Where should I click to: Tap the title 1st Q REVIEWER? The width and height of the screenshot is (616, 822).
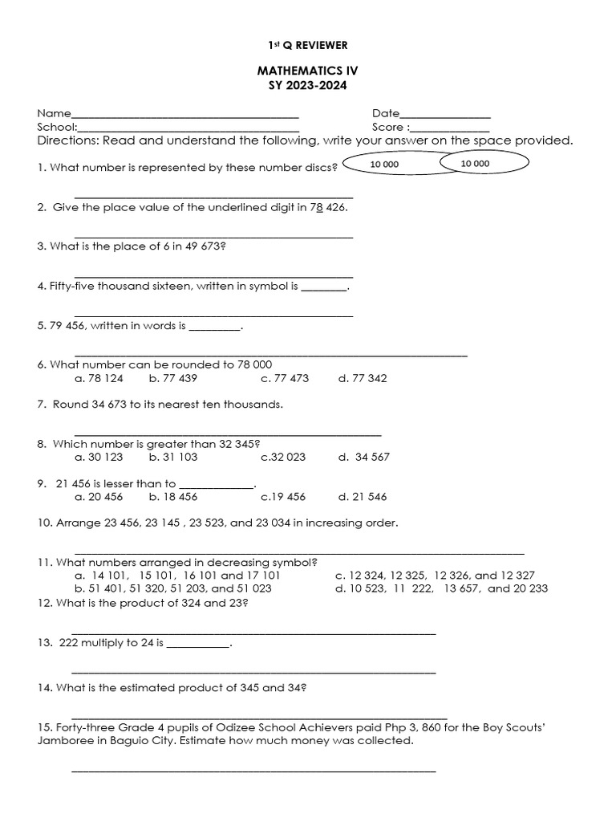(x=308, y=45)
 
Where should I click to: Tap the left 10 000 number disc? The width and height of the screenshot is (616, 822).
(x=384, y=165)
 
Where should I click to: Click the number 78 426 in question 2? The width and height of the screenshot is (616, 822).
(x=328, y=207)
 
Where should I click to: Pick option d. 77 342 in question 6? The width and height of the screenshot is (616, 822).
(x=363, y=378)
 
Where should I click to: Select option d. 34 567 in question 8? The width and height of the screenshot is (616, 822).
(x=363, y=457)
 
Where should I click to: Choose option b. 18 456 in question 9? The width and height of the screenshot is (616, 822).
(x=172, y=497)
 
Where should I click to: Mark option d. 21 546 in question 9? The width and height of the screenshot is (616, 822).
(x=363, y=497)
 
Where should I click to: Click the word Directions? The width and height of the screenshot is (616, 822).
(x=67, y=141)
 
